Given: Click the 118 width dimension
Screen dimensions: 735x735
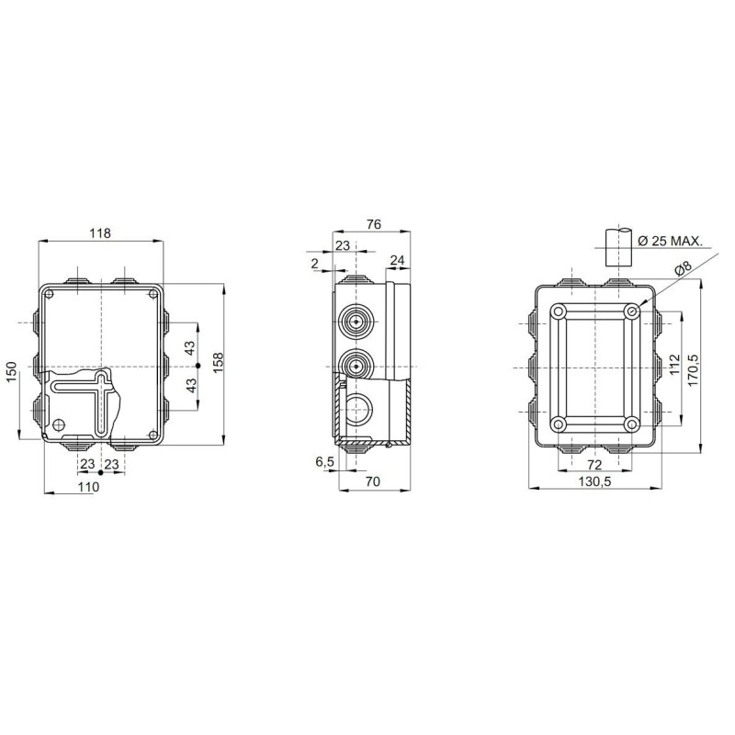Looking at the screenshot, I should (100, 233).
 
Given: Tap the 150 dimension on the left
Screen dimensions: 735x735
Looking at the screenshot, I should (11, 372).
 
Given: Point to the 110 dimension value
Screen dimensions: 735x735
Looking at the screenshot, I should (87, 487).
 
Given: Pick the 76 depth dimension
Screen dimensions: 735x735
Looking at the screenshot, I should (374, 224).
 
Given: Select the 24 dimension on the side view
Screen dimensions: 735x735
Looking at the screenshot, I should (397, 260).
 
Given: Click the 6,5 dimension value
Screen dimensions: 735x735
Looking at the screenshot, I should (324, 462).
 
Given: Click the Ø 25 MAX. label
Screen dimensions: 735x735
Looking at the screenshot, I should (670, 241).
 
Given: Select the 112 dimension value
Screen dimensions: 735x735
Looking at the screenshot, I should (673, 368).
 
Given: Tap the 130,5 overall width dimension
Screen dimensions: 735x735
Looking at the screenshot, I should (594, 481).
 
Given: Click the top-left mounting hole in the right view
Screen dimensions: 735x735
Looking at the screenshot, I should (558, 312).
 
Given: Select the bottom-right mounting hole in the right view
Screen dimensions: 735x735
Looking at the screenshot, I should (630, 424).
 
